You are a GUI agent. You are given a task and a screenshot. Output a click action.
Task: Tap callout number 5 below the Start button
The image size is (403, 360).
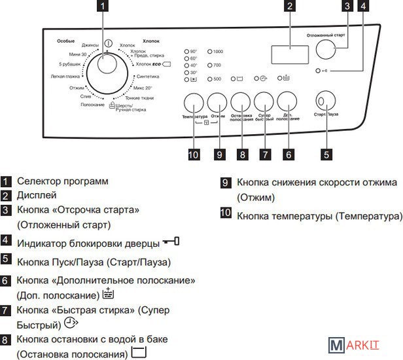pyautogui.click(x=326, y=154)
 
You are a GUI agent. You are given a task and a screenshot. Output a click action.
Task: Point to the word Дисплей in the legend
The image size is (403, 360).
pyautogui.click(x=37, y=195)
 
